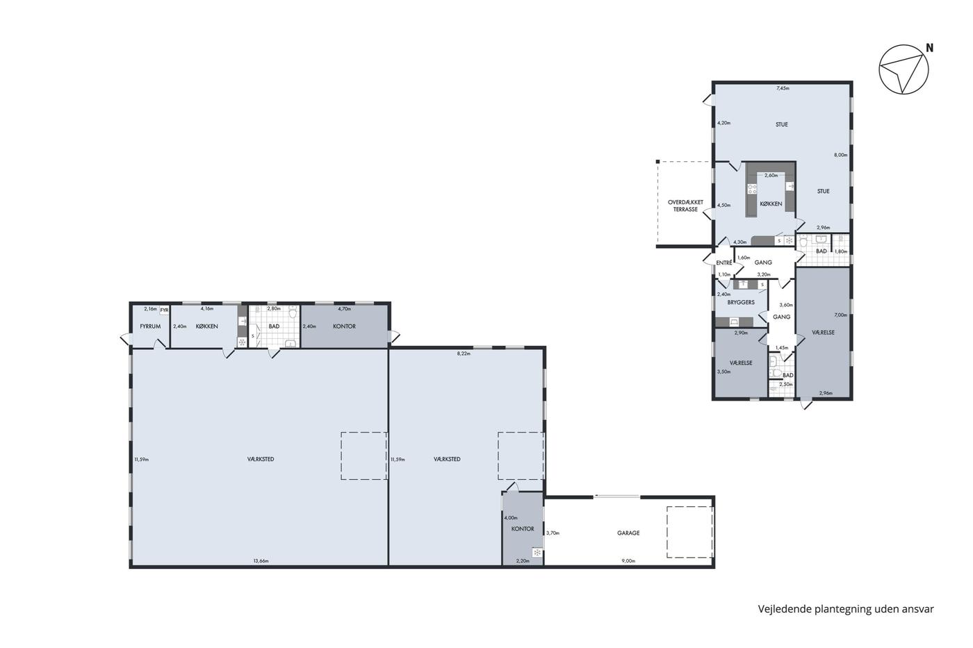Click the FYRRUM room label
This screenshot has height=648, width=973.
click(x=150, y=326)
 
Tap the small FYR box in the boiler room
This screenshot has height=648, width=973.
click(x=164, y=310)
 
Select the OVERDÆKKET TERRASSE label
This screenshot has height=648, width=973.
click(x=685, y=206)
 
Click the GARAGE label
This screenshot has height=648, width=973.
click(x=628, y=533)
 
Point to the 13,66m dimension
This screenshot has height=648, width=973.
click(x=261, y=560)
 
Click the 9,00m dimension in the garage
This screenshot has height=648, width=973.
click(x=628, y=560)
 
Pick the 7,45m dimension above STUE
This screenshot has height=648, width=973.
click(x=783, y=88)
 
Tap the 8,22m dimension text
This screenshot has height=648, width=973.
click(x=464, y=354)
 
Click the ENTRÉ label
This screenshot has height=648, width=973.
click(x=724, y=263)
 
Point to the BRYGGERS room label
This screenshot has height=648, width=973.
click(x=741, y=303)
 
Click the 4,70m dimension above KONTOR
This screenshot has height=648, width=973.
click(x=345, y=309)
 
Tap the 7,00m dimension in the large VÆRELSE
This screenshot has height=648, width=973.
click(x=841, y=315)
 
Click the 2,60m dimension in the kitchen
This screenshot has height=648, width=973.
click(x=771, y=176)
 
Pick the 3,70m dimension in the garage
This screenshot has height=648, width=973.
click(x=553, y=533)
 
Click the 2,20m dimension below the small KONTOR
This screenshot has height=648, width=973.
click(x=523, y=560)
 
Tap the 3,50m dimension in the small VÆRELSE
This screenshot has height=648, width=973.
click(x=723, y=372)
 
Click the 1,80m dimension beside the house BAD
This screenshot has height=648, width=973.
click(x=841, y=251)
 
